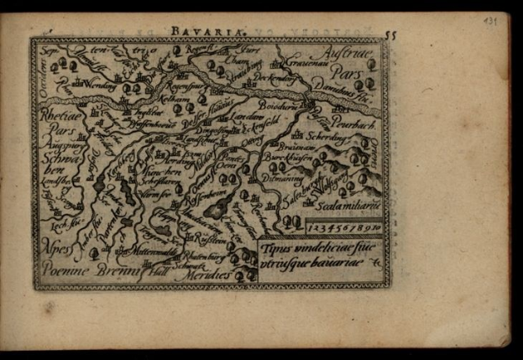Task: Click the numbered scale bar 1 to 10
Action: (343, 226)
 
